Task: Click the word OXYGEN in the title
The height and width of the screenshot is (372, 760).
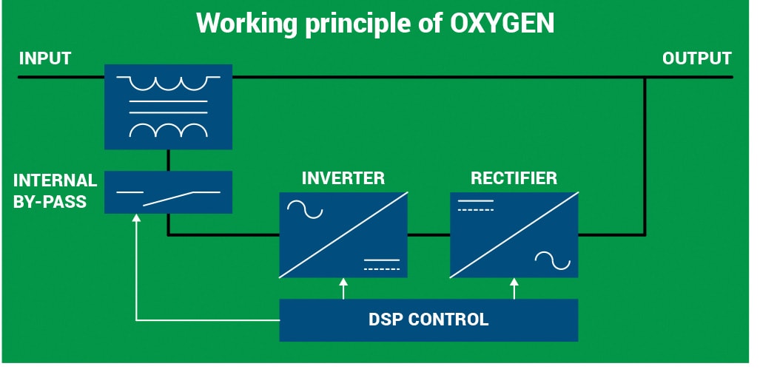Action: [x=502, y=23]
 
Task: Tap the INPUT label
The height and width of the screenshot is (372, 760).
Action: [x=45, y=58]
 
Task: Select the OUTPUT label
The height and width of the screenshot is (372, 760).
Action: [x=697, y=58]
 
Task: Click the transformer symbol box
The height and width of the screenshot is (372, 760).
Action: [x=168, y=106]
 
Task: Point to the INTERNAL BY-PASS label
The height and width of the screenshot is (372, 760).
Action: [x=55, y=191]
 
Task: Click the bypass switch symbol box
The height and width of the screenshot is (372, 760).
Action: [x=168, y=192]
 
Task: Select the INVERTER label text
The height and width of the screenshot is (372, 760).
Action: [x=343, y=178]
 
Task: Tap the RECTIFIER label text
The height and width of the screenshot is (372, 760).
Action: [x=514, y=178]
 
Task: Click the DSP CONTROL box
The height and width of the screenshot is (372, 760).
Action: [x=428, y=320]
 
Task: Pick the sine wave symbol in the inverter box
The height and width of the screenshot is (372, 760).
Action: [x=305, y=209]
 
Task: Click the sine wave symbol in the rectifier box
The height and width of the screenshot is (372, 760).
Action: [x=553, y=260]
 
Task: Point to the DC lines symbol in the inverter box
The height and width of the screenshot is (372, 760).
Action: [x=382, y=265]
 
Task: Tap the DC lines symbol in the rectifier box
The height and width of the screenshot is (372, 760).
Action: [x=476, y=205]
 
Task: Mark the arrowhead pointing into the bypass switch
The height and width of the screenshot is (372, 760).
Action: [x=136, y=218]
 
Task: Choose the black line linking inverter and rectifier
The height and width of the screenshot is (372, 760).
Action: [x=428, y=235]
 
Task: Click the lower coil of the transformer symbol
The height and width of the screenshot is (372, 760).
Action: [x=168, y=130]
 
